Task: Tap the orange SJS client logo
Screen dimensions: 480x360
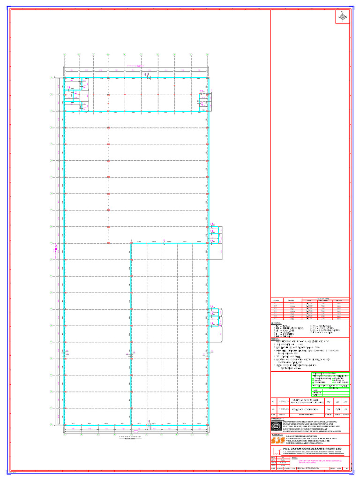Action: pos(276,441)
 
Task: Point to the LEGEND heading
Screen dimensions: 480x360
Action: pos(276,323)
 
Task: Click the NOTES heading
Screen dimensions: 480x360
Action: pos(275,338)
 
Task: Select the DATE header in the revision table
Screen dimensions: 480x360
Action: pos(282,415)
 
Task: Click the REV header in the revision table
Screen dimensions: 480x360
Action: pos(274,415)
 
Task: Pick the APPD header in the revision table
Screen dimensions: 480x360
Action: pos(345,415)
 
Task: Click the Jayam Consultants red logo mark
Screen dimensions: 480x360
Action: pos(276,450)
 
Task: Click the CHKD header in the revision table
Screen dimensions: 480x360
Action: pos(329,415)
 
